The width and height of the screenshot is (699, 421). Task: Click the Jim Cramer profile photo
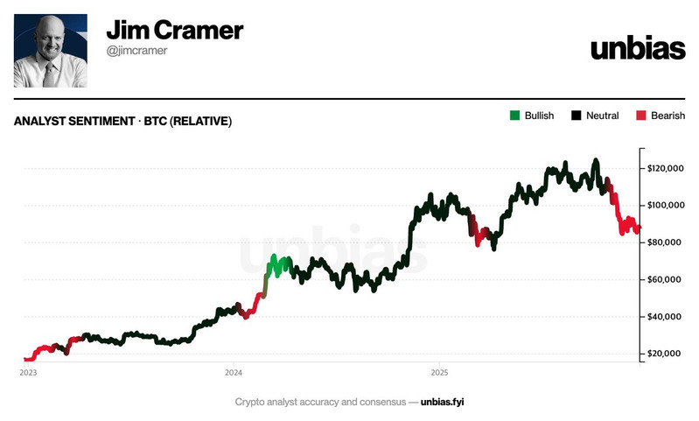coord(51,50)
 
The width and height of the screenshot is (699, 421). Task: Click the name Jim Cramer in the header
coord(174,32)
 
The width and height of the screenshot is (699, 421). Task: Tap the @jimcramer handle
coord(138,52)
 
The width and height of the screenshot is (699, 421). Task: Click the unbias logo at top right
coord(637,48)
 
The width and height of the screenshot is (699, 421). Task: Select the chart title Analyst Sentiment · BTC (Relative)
coord(123,122)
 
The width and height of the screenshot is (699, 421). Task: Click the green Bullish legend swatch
coord(514,116)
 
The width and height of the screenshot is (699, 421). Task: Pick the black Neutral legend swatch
coord(577,116)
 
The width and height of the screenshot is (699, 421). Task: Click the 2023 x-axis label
coord(27,372)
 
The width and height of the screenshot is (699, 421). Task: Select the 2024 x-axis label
coord(233,372)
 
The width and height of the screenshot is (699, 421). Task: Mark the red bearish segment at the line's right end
coord(627,225)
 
